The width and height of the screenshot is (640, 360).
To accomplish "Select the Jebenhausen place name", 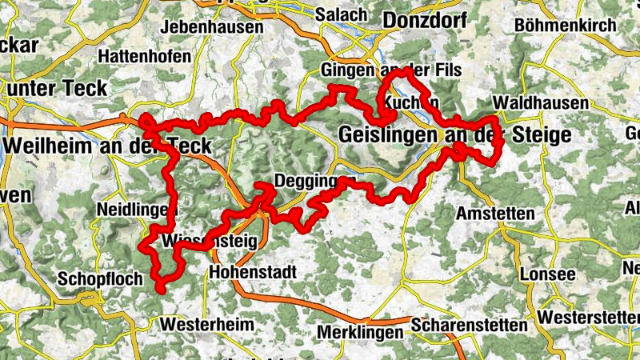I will [212, 27].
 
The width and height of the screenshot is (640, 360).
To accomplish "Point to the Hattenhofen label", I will [145, 57].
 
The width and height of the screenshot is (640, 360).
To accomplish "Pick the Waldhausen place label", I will [541, 103].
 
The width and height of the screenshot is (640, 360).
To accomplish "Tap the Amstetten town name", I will [494, 214].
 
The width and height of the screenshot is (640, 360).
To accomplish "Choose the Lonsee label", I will [548, 274].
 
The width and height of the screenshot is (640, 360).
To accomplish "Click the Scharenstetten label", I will [470, 326].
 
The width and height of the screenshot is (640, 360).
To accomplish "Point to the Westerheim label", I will [206, 325].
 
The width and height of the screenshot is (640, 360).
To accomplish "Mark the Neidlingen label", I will [134, 210].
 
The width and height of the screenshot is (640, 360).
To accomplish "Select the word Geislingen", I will [390, 134].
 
